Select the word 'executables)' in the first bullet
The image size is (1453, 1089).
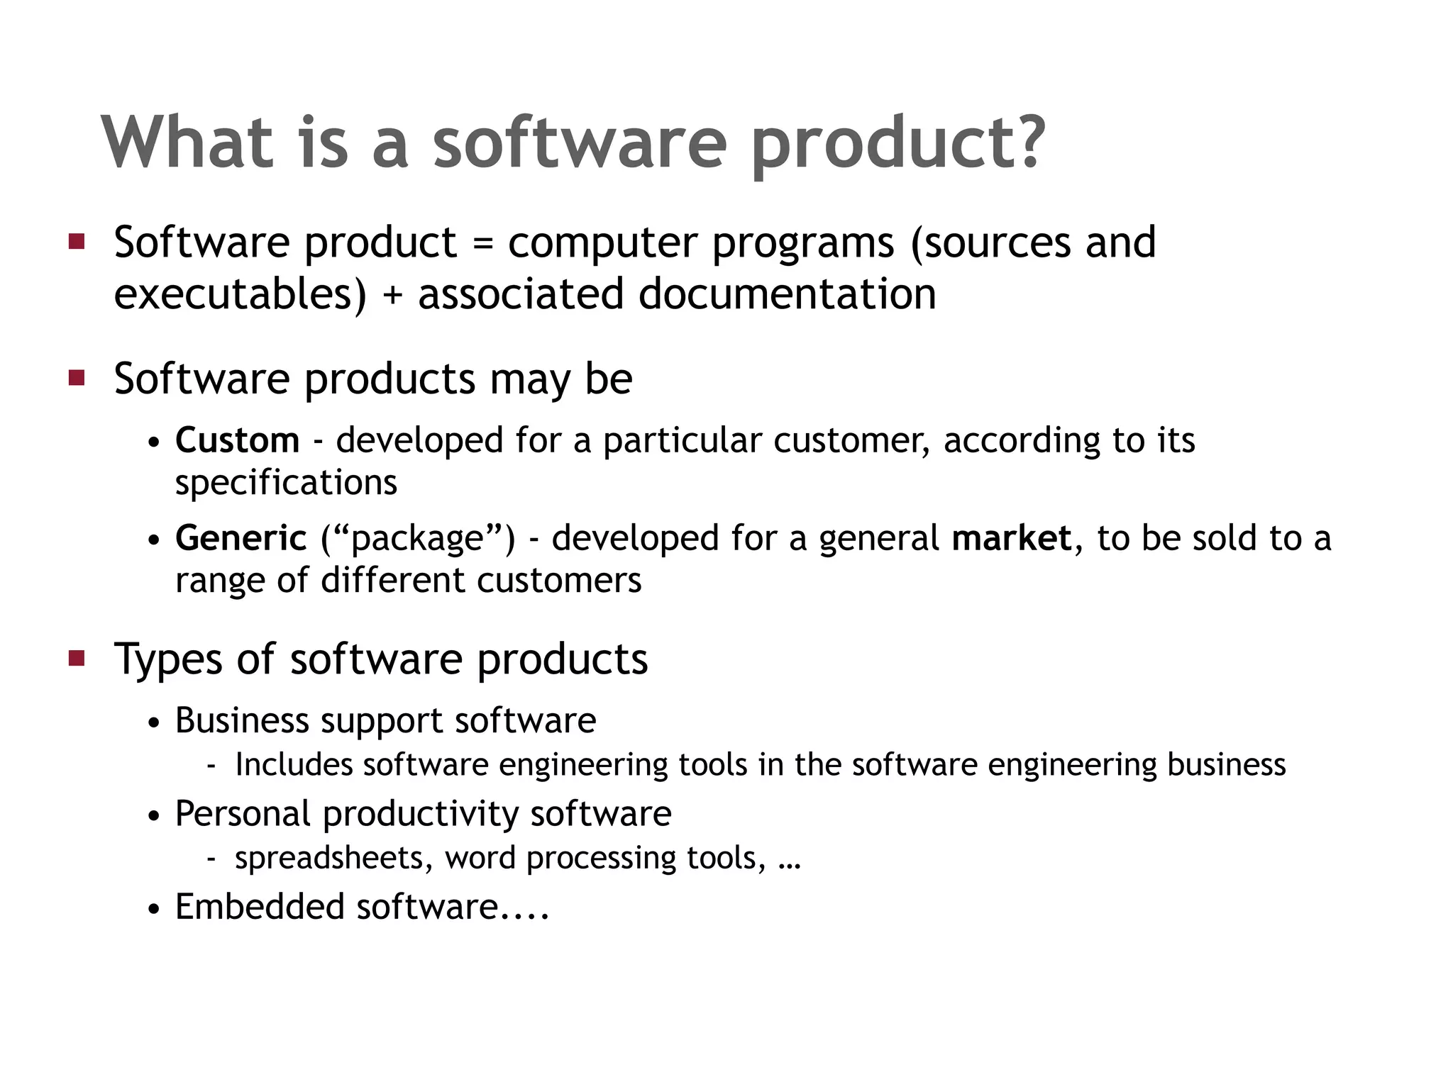241,295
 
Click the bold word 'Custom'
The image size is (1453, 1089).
237,440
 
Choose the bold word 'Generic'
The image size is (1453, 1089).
241,538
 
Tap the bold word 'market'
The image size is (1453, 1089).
1011,538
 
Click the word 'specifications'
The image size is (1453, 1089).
286,484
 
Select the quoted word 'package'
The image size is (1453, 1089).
417,539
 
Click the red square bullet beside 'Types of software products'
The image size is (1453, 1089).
77,659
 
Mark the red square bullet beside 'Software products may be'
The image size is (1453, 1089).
77,378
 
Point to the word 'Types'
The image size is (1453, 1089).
168,659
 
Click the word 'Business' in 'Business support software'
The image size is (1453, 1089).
242,721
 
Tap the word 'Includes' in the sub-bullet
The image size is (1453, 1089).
294,765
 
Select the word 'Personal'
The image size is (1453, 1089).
243,814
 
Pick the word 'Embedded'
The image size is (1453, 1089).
259,907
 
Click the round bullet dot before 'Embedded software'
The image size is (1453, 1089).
155,910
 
